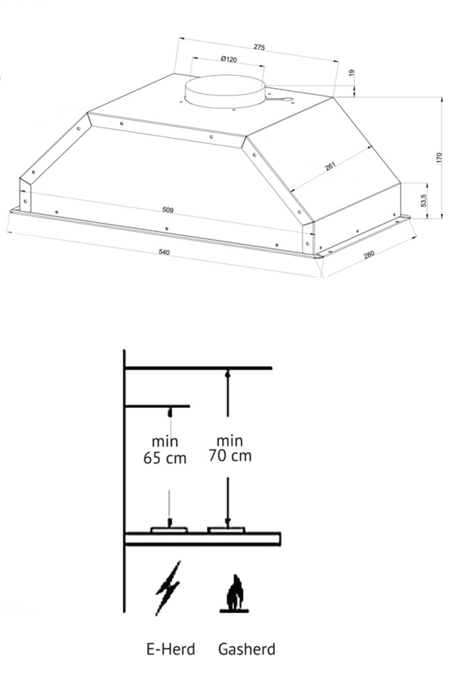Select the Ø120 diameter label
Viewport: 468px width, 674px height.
[228, 60]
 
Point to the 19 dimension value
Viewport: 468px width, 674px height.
[351, 72]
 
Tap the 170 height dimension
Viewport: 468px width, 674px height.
[438, 158]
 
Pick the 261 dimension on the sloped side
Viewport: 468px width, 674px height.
[331, 167]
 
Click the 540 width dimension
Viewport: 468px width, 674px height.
[164, 252]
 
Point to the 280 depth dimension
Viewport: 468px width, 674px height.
[369, 255]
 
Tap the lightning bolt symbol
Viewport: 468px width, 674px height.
[167, 587]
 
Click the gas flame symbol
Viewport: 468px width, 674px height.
[236, 594]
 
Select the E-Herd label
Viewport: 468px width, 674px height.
[171, 650]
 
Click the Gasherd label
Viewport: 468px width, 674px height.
[246, 650]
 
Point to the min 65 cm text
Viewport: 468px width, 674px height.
[165, 450]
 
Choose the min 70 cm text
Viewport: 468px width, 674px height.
[229, 448]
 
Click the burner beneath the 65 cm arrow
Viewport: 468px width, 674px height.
[169, 529]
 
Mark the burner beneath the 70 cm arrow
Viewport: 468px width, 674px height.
[227, 529]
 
